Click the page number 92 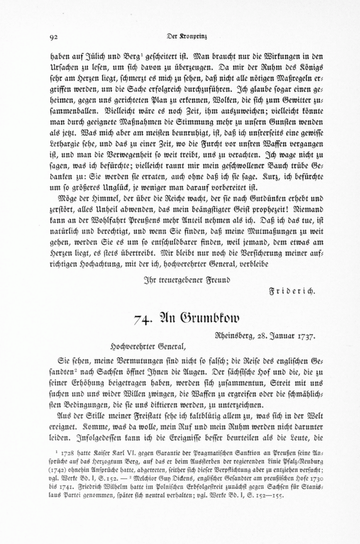pyautogui.click(x=54, y=37)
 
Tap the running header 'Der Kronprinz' pyautogui.click(x=187, y=36)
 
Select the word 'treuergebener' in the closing pyautogui.click(x=179, y=280)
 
